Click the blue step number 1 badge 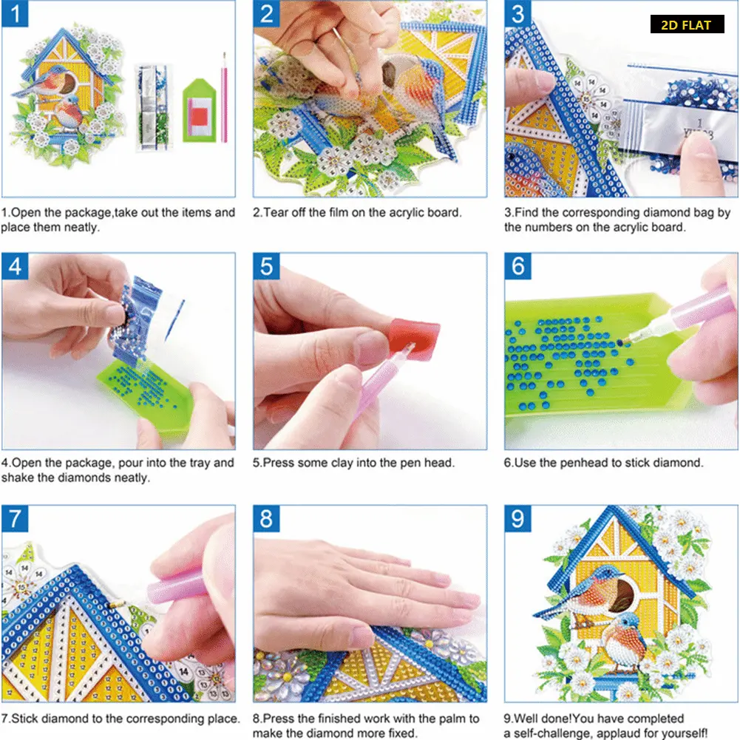(15, 14)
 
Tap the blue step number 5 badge (266, 265)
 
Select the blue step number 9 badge (517, 518)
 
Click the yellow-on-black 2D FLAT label (687, 24)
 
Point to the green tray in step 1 (199, 111)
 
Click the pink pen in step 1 (224, 98)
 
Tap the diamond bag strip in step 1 (152, 107)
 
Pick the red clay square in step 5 (414, 336)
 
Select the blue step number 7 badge (15, 518)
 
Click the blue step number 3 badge (517, 14)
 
